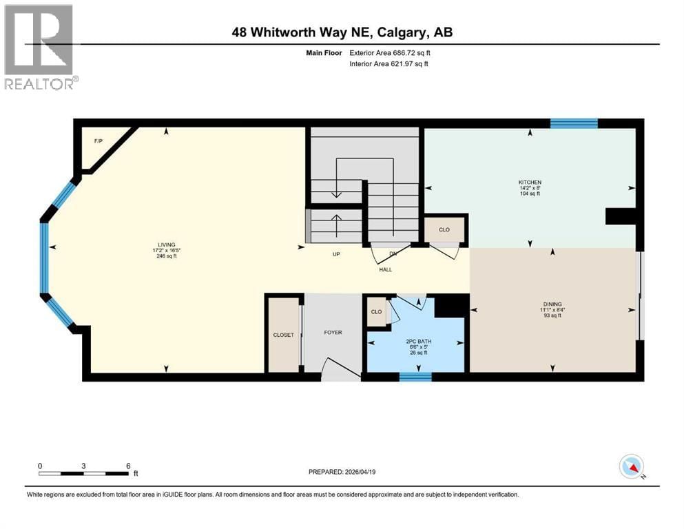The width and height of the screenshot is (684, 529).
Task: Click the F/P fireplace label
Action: coord(98,142)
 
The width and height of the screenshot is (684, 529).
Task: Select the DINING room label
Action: coord(552,304)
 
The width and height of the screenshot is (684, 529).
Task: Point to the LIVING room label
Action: coord(166,245)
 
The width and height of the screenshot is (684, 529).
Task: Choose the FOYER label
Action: coord(333,333)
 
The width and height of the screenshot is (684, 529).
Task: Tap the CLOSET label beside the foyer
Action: coord(283,335)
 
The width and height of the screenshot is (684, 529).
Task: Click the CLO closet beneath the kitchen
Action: coord(444,230)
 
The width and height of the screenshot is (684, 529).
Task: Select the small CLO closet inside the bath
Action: coord(376,311)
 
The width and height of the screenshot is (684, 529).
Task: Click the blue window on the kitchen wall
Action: coord(573,124)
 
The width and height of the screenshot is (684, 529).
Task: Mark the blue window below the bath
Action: coord(415,376)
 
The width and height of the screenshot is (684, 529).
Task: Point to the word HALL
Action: coord(385,269)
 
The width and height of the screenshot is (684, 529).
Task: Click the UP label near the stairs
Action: coord(337,254)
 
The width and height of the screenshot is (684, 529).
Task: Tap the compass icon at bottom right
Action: coord(631,467)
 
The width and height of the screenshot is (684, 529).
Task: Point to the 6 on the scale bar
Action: coord(128,466)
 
